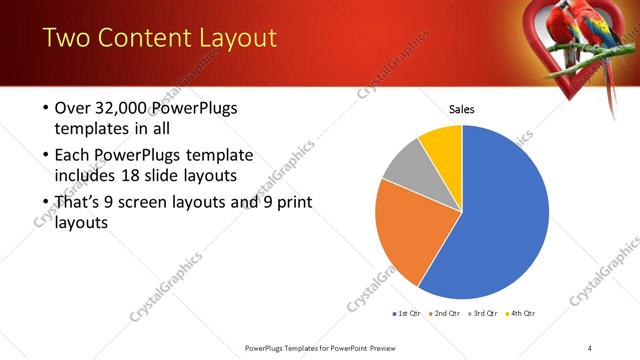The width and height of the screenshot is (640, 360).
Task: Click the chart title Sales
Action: point(461,109)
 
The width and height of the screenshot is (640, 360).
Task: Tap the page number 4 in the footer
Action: point(589,347)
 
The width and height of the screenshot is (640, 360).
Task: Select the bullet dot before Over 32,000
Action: point(45,108)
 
